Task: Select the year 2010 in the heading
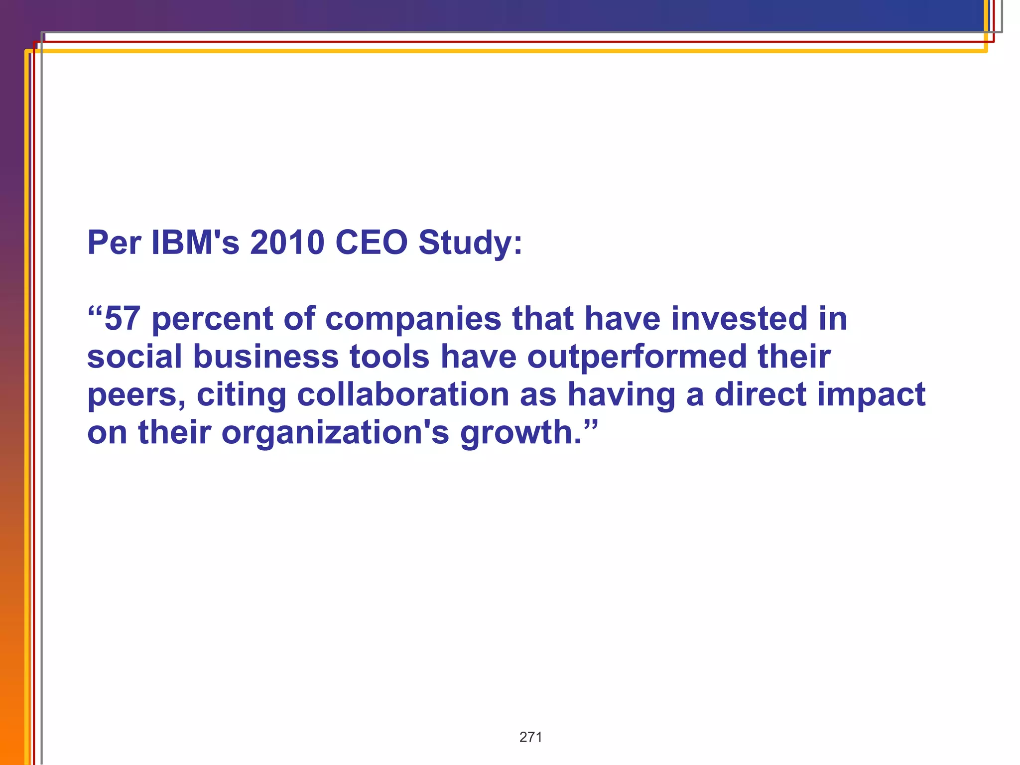(x=287, y=243)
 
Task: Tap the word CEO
(x=371, y=243)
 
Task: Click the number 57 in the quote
(x=123, y=319)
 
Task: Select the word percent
(x=212, y=320)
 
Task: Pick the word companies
(x=413, y=320)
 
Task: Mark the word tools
(x=389, y=357)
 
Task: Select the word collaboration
(x=403, y=394)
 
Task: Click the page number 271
(x=530, y=737)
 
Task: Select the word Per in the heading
(x=114, y=243)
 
